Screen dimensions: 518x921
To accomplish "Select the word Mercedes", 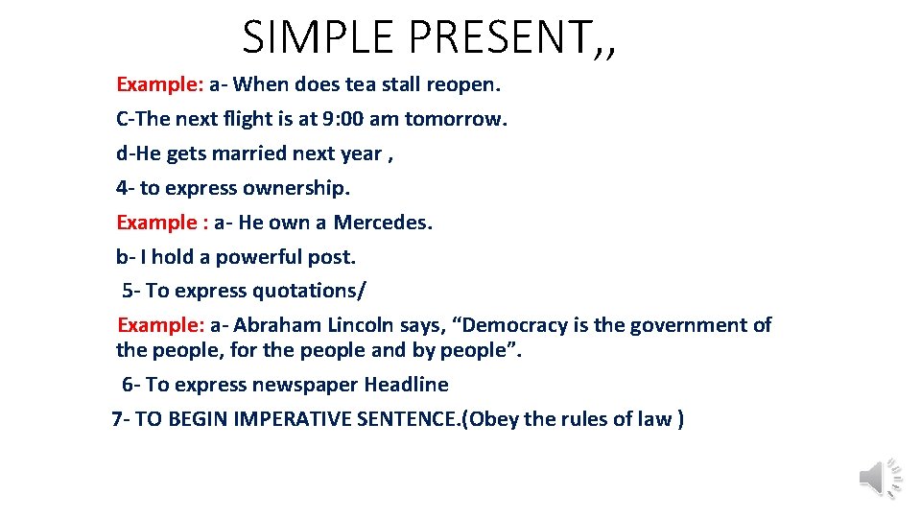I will coord(383,223).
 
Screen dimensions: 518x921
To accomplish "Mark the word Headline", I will coord(406,385).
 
